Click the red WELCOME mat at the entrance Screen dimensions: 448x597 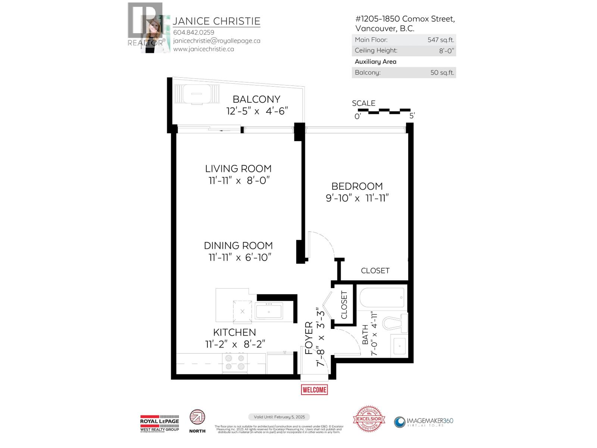pos(314,390)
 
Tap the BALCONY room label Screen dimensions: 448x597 pos(256,99)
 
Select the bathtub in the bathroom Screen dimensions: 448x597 pos(382,298)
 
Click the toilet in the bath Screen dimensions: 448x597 pos(396,322)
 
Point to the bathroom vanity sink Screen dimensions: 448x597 pos(400,346)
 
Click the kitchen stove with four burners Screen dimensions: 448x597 pos(235,362)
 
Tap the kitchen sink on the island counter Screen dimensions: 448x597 pos(269,311)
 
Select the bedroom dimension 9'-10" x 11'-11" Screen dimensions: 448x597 pos(357,198)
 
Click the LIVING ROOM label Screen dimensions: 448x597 pos(238,168)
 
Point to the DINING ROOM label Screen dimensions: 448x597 pos(238,246)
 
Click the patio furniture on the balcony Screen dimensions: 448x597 pos(197,93)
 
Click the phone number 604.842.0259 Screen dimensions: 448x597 pos(194,32)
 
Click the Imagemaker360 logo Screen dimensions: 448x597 pos(424,422)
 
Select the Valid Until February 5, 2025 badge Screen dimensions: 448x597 pos(279,417)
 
